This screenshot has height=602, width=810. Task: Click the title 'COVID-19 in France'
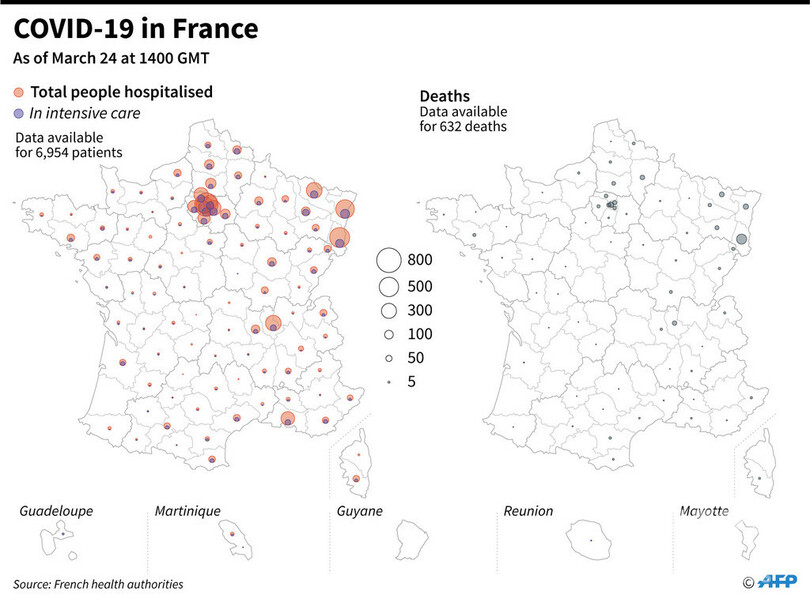pyautogui.click(x=135, y=27)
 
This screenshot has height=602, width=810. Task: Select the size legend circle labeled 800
pyautogui.click(x=389, y=260)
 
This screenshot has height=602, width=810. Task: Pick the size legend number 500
pyautogui.click(x=420, y=285)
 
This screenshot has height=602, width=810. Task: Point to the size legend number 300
pyautogui.click(x=420, y=310)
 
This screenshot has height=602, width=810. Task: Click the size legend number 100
pyautogui.click(x=420, y=334)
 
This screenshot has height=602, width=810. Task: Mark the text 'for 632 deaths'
pyautogui.click(x=463, y=127)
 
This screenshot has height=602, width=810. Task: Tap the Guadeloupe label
pyautogui.click(x=56, y=511)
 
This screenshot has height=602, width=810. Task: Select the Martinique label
pyautogui.click(x=187, y=511)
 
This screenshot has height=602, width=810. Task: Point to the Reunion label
pyautogui.click(x=528, y=511)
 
